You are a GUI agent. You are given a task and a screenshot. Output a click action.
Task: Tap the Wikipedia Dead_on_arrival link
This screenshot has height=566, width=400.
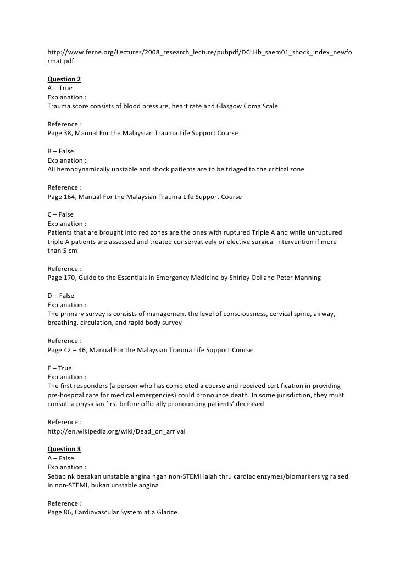click(x=116, y=431)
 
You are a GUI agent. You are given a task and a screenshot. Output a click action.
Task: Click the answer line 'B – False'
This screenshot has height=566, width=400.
click(x=60, y=151)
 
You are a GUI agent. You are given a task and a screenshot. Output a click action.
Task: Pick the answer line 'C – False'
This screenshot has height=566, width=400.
click(x=60, y=214)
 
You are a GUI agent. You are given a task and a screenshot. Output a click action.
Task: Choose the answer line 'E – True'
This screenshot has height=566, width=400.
click(x=60, y=368)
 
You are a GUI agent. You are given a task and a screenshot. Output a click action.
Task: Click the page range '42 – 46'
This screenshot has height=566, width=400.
click(x=77, y=350)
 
